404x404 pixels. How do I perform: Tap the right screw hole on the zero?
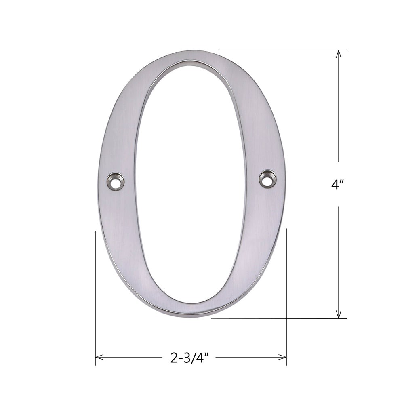click(x=267, y=179)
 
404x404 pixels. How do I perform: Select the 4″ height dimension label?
click(x=338, y=185)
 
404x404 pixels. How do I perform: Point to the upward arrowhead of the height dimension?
click(x=339, y=54)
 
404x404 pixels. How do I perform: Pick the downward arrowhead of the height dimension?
click(x=339, y=314)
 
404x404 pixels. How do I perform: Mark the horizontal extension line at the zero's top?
click(x=283, y=50)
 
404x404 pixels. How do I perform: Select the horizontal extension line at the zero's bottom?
click(x=250, y=318)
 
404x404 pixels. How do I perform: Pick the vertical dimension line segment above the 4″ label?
click(x=339, y=109)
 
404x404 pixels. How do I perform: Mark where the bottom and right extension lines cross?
click(x=286, y=318)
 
